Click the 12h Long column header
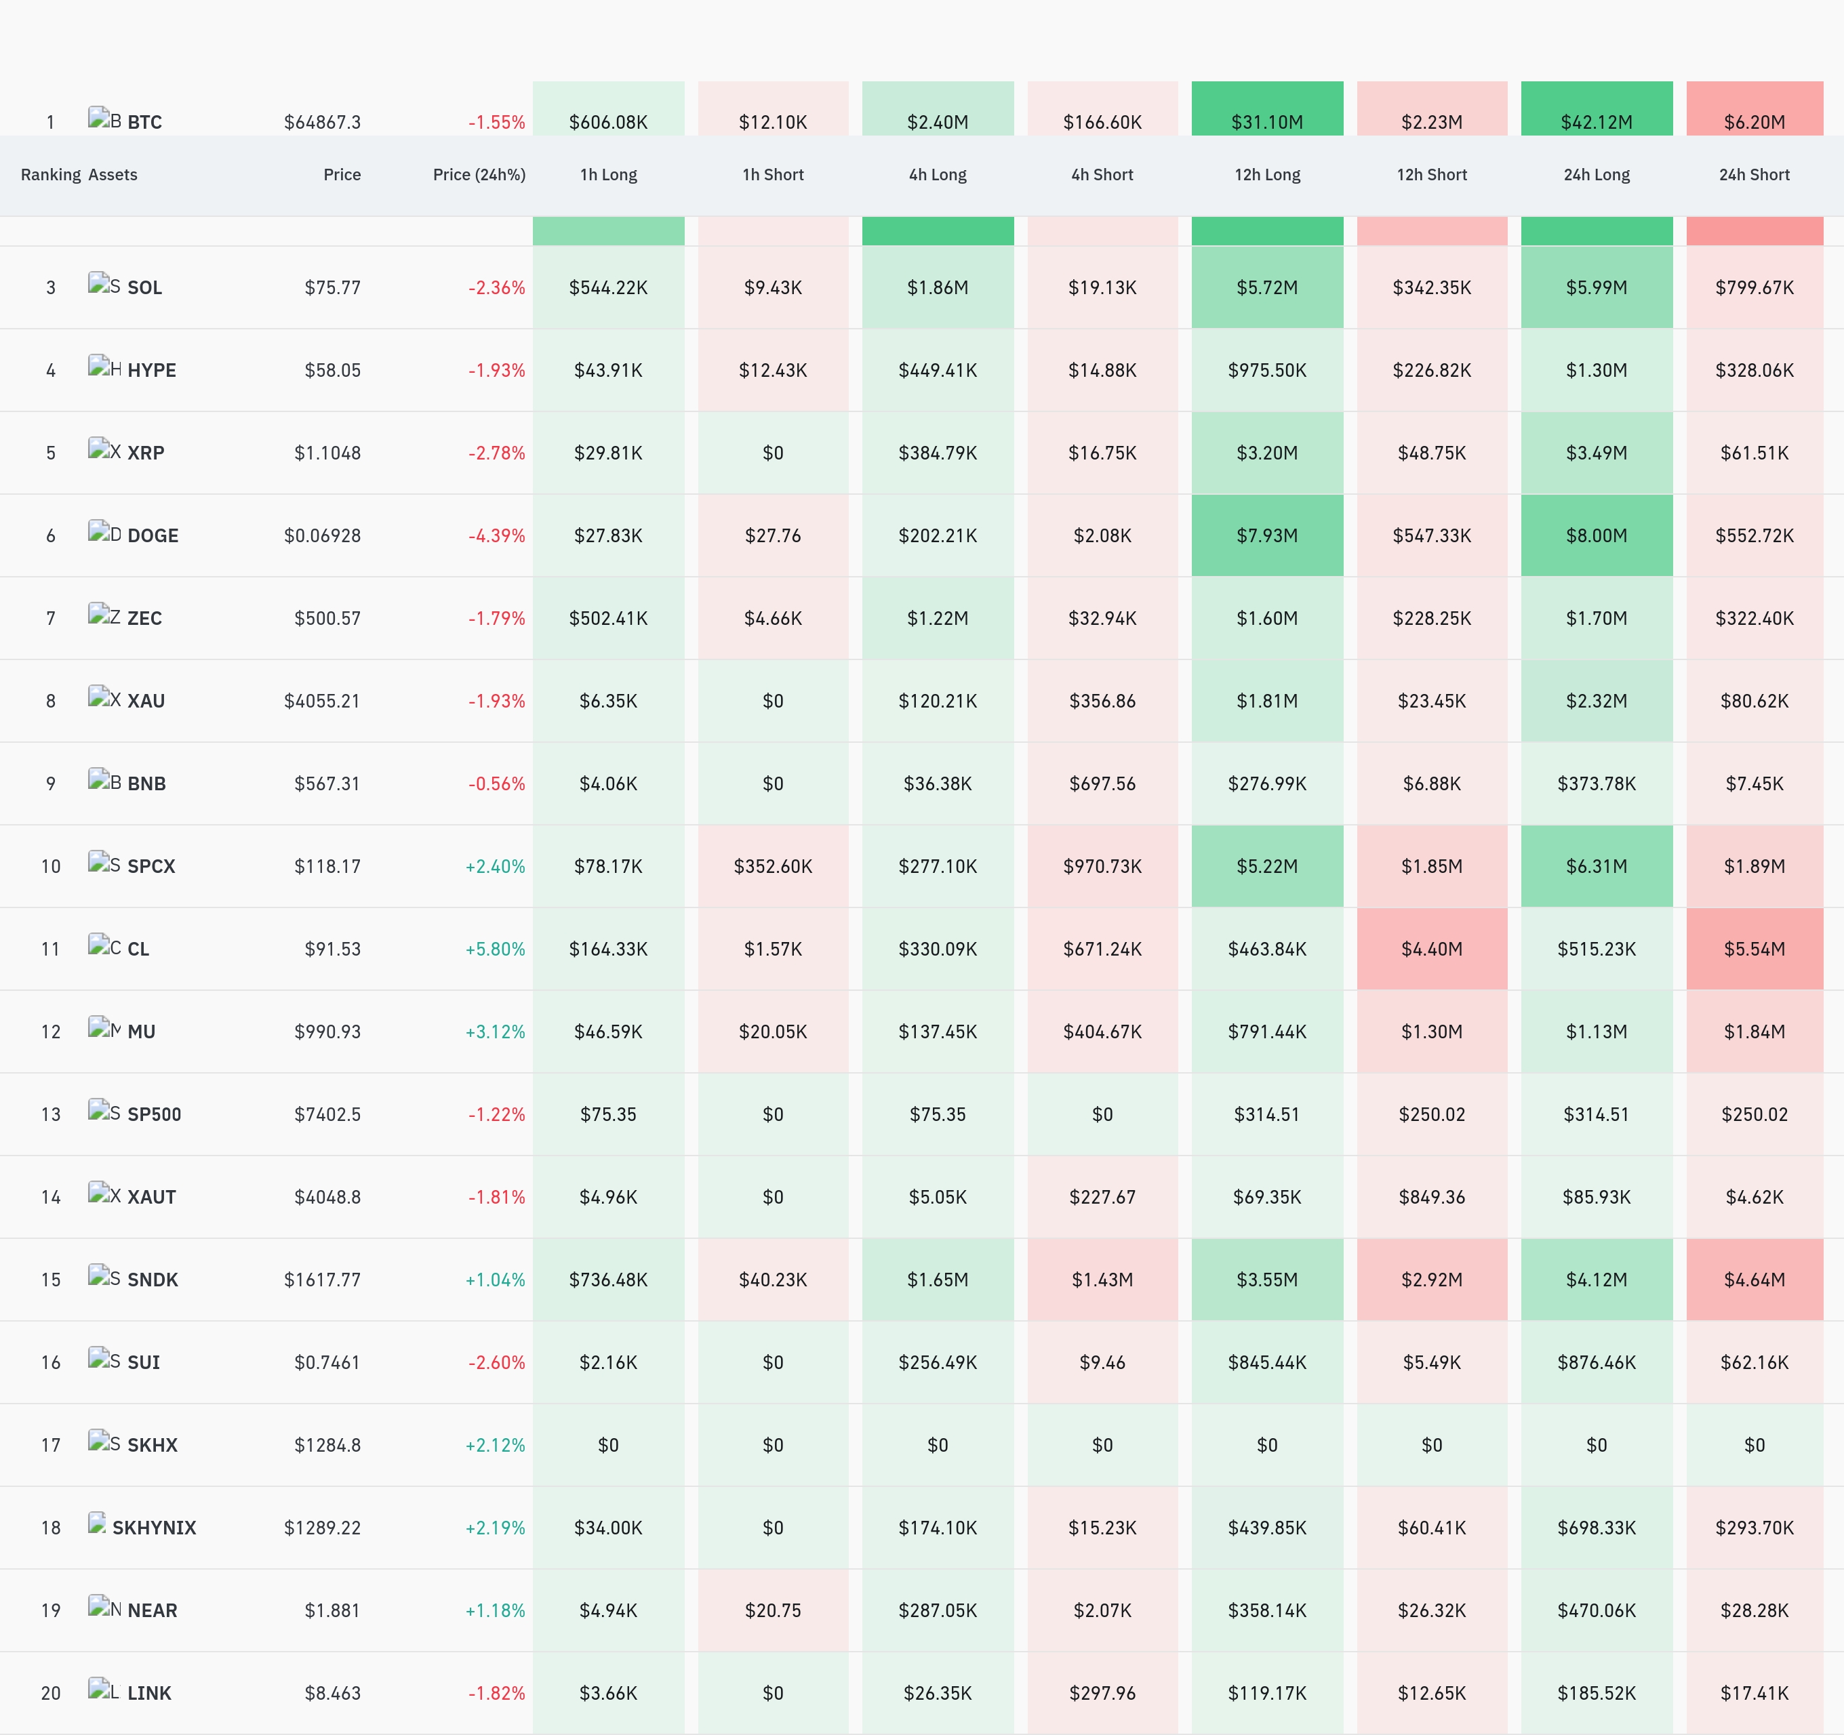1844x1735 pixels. click(1267, 174)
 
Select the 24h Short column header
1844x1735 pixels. click(1754, 174)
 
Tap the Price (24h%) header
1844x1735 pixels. click(479, 174)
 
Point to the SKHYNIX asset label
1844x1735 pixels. click(154, 1528)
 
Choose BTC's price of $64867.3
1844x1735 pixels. click(322, 121)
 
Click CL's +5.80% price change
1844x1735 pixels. click(496, 949)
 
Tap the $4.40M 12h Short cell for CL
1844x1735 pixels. click(1431, 949)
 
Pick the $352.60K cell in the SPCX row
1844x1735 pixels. click(773, 866)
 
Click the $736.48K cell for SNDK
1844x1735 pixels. click(609, 1280)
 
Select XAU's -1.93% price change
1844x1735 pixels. click(496, 700)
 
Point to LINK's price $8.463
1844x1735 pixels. click(332, 1693)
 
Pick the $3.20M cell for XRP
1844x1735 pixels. click(1267, 453)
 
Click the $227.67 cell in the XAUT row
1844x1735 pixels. click(1102, 1197)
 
